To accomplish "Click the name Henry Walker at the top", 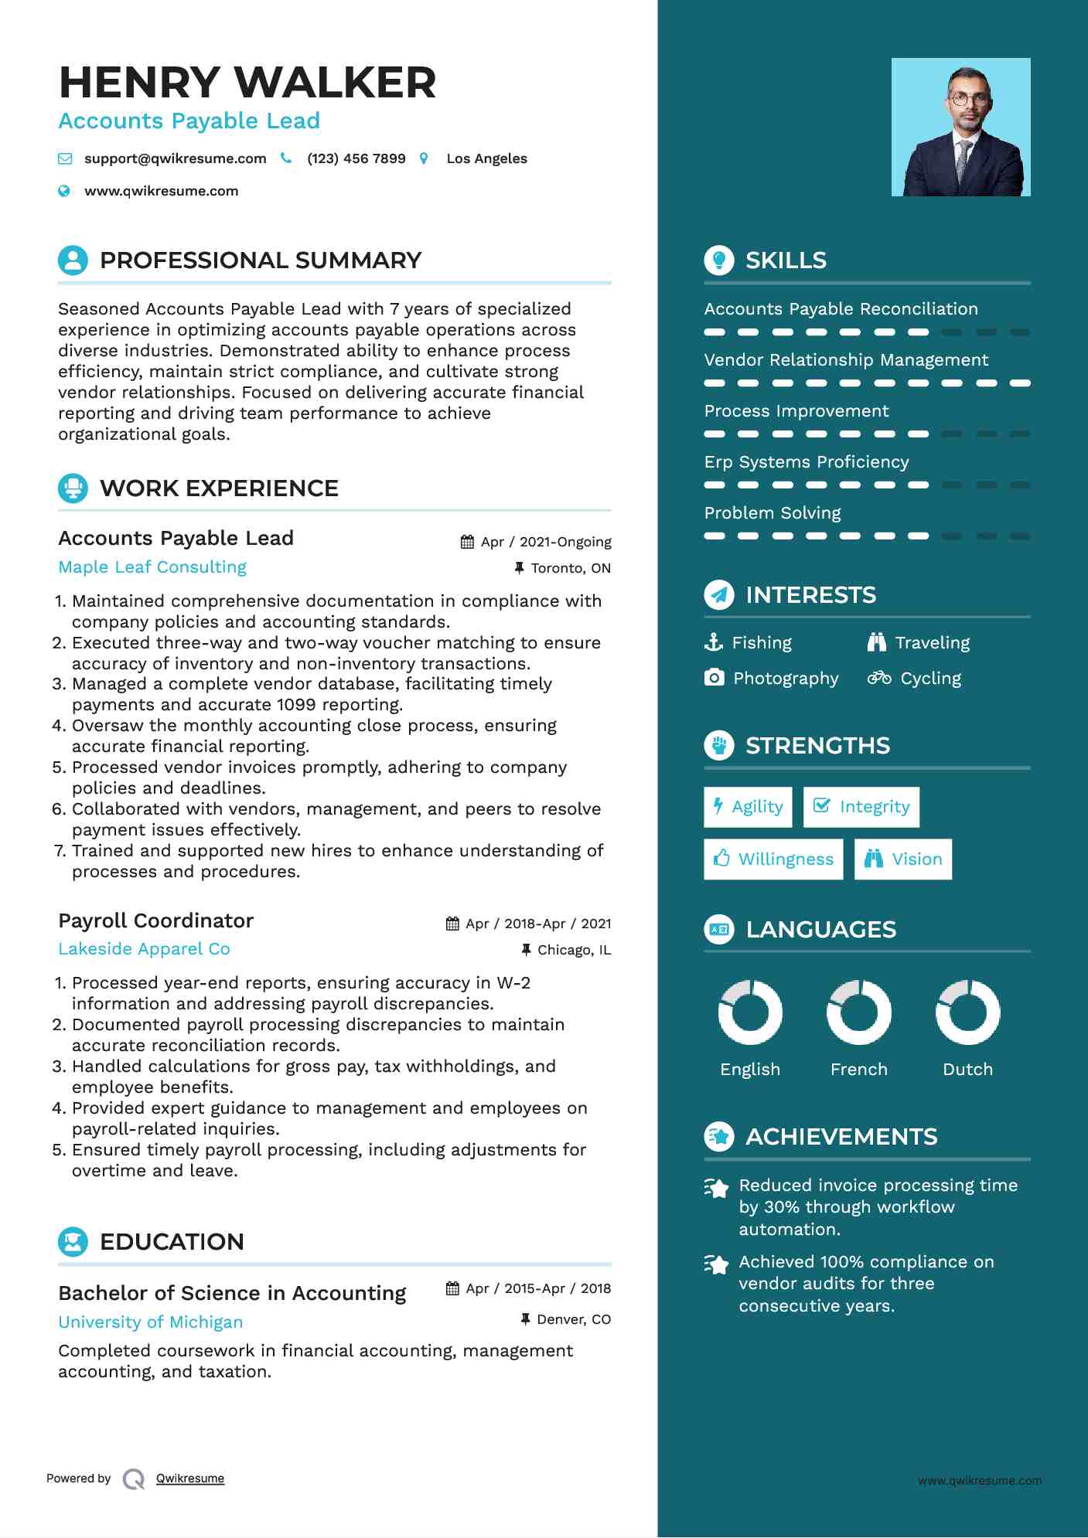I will pyautogui.click(x=247, y=83).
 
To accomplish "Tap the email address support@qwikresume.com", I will pyautogui.click(x=175, y=158).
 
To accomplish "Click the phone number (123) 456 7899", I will pyautogui.click(x=356, y=158).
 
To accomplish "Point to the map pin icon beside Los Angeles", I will pyautogui.click(x=424, y=158).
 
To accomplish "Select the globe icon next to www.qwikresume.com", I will pyautogui.click(x=64, y=191).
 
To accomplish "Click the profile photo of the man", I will pyautogui.click(x=960, y=128).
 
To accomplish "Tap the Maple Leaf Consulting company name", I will pyautogui.click(x=152, y=567).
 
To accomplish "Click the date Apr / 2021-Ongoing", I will pyautogui.click(x=545, y=542).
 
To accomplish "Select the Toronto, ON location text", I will pyautogui.click(x=571, y=568).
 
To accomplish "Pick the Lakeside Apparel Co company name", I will pyautogui.click(x=144, y=949).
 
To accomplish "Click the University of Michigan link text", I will pyautogui.click(x=150, y=1322).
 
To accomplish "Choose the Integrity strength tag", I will pyautogui.click(x=861, y=807).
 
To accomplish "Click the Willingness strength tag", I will pyautogui.click(x=773, y=859).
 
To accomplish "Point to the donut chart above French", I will pyautogui.click(x=858, y=1012).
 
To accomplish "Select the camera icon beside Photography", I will pyautogui.click(x=715, y=678).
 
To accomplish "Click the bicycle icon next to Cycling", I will pyautogui.click(x=879, y=678).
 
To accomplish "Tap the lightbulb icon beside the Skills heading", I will pyautogui.click(x=719, y=260).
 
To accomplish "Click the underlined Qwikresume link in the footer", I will pyautogui.click(x=190, y=1478).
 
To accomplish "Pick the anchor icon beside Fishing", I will pyautogui.click(x=714, y=642).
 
